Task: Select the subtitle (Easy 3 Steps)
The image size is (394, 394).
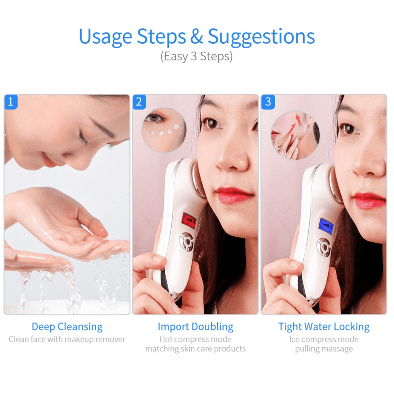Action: tap(197, 56)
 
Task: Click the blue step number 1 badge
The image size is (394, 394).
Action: tap(11, 102)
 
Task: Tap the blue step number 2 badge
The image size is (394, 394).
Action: tap(139, 102)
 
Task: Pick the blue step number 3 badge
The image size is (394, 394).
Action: tap(268, 102)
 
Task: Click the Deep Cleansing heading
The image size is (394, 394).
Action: tap(67, 327)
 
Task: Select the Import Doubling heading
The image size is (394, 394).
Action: tap(195, 327)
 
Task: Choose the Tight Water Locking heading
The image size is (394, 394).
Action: tap(324, 327)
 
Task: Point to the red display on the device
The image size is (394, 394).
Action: tap(189, 219)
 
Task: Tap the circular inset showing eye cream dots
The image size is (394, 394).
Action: tap(164, 130)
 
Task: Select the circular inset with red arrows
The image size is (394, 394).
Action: tap(295, 135)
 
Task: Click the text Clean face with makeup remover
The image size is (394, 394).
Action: tap(67, 339)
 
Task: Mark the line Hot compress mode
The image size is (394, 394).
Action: tap(195, 339)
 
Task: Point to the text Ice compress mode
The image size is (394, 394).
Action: tap(324, 339)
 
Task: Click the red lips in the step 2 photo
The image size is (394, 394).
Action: tap(234, 195)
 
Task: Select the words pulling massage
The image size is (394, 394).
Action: tap(324, 349)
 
